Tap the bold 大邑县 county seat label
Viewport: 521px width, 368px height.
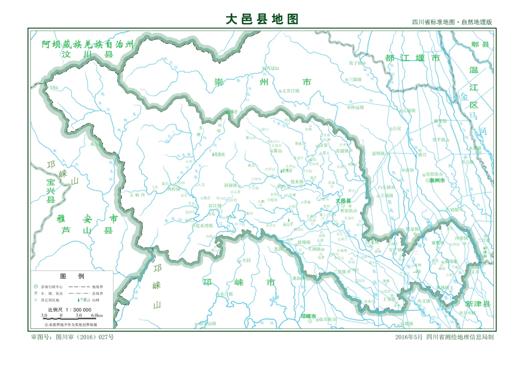click(343, 201)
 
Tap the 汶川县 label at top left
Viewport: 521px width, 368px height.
click(86, 54)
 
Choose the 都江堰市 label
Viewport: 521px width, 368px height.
click(413, 57)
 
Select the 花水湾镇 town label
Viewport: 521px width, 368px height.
click(203, 226)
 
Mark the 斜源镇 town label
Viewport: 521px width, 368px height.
click(231, 185)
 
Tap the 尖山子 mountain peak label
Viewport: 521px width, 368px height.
click(288, 224)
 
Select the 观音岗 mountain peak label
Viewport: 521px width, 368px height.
click(219, 154)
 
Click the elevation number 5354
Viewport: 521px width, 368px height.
click(54, 89)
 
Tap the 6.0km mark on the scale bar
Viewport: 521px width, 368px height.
click(97, 316)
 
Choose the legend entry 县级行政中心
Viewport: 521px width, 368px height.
click(52, 287)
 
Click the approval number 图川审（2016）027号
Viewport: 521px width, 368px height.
click(73, 337)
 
